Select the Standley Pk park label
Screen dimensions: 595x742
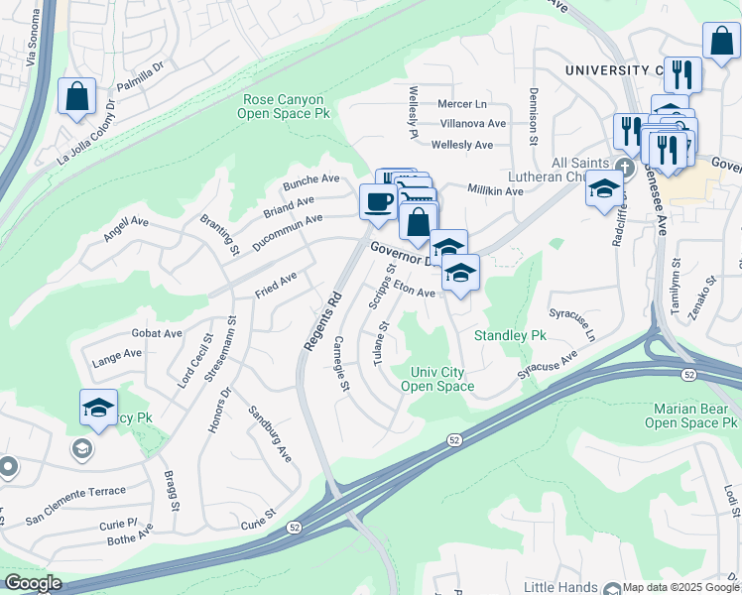tap(510, 335)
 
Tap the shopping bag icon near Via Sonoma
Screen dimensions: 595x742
tap(76, 97)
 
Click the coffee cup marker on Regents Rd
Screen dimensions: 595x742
tap(377, 202)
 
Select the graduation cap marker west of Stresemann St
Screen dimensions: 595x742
tap(98, 409)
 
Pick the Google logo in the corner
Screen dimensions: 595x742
tap(33, 583)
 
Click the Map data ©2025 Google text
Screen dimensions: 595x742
tap(680, 587)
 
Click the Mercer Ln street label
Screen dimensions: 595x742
tap(463, 104)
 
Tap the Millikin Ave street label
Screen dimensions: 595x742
tap(495, 190)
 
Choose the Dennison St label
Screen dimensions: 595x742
tap(533, 114)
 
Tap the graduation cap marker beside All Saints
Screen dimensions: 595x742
tap(603, 188)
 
